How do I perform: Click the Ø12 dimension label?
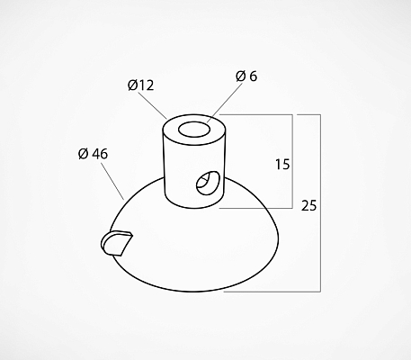click(x=140, y=85)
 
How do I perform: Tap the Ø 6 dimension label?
click(x=246, y=76)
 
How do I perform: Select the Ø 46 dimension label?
click(x=93, y=154)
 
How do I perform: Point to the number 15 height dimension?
click(x=282, y=165)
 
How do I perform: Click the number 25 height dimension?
click(x=308, y=206)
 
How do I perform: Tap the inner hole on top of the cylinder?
click(x=194, y=130)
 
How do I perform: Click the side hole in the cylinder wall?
click(x=208, y=183)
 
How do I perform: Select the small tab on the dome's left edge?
click(x=116, y=243)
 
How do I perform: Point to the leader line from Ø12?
click(x=152, y=106)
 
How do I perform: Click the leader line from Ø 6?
click(x=225, y=103)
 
